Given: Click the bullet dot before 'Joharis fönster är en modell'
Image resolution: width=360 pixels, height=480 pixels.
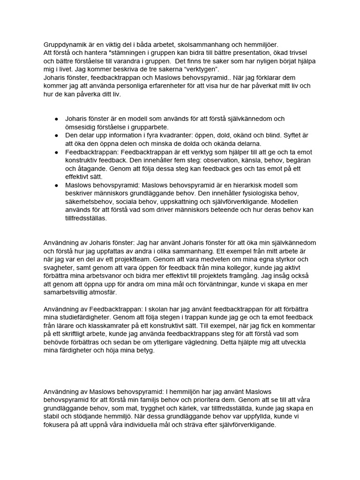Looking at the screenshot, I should pyautogui.click(x=57, y=119).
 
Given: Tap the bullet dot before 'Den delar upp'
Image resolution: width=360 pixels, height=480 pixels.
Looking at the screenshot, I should pyautogui.click(x=57, y=135).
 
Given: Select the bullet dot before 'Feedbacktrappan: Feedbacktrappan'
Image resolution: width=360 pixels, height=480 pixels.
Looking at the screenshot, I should pyautogui.click(x=57, y=152).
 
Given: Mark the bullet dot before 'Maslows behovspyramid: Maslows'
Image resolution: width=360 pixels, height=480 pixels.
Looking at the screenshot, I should pyautogui.click(x=57, y=186).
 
